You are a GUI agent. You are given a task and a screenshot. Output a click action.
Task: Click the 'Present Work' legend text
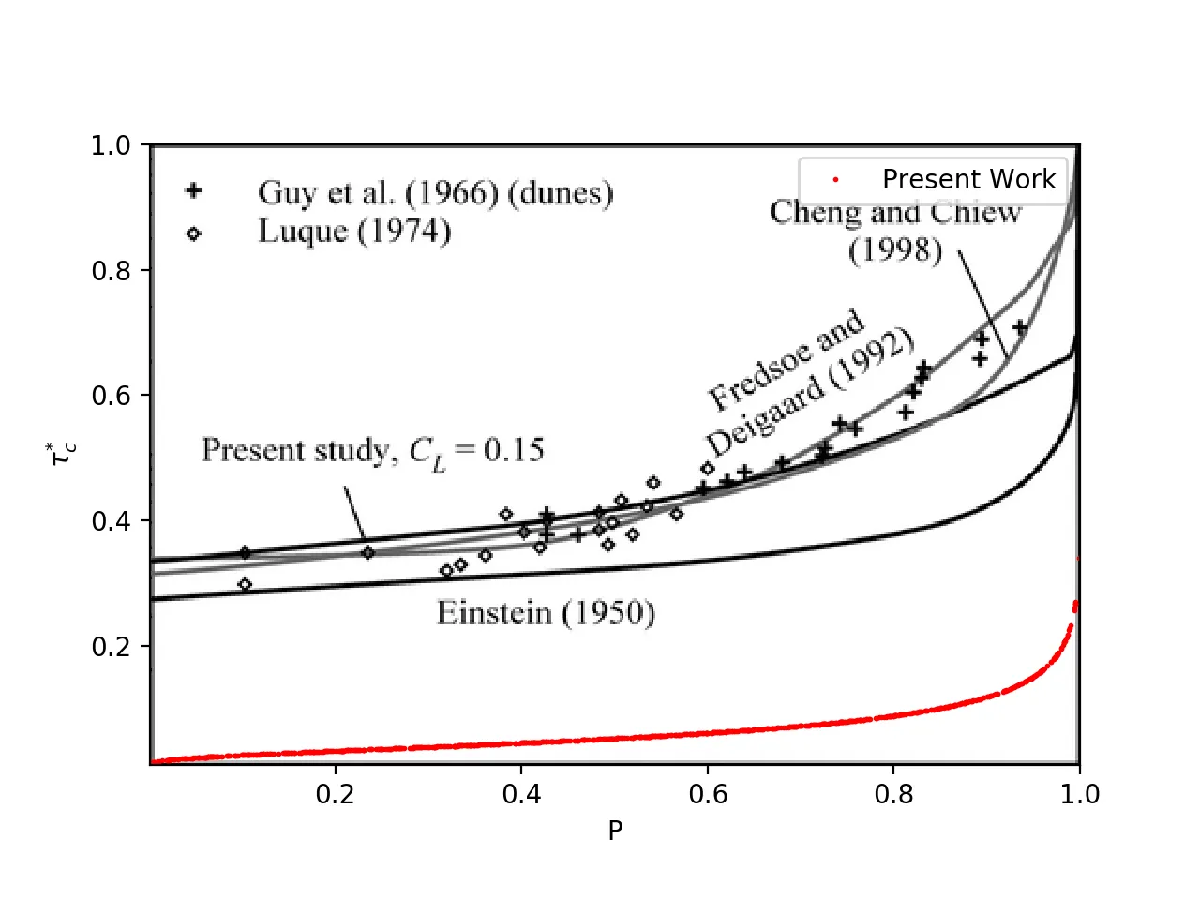click(x=968, y=179)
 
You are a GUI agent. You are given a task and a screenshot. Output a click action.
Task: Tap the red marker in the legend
click(x=835, y=179)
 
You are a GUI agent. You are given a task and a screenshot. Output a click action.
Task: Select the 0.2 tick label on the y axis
click(x=111, y=646)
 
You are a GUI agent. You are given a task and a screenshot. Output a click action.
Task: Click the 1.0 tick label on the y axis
click(x=111, y=145)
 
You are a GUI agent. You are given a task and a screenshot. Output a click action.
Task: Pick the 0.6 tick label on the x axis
click(x=708, y=794)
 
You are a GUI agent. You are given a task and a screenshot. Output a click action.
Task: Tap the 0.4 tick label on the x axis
click(x=521, y=794)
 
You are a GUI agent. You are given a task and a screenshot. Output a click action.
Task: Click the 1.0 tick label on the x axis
click(x=1080, y=794)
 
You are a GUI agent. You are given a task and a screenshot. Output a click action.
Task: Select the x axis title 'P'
click(x=615, y=831)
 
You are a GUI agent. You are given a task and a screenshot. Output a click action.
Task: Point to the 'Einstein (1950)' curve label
click(x=546, y=613)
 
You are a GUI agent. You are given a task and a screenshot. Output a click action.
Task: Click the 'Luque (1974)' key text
click(x=354, y=232)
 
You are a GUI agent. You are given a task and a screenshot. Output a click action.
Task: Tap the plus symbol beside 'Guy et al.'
click(x=193, y=190)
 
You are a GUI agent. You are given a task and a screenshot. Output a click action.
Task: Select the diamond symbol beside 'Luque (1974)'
click(x=193, y=232)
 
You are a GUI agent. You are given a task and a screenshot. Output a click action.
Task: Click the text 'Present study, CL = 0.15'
click(x=372, y=451)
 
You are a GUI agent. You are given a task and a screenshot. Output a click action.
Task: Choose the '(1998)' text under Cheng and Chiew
click(x=895, y=250)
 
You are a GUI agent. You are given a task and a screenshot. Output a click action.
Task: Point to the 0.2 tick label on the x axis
click(x=336, y=794)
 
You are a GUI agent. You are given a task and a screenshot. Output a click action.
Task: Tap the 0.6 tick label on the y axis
click(x=111, y=396)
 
